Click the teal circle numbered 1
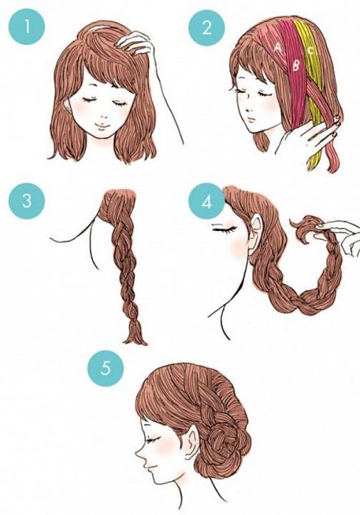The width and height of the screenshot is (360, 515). (x=27, y=27)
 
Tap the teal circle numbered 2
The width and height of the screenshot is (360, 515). (x=207, y=27)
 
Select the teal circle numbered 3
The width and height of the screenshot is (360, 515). (x=27, y=201)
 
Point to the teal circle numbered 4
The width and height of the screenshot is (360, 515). (x=207, y=201)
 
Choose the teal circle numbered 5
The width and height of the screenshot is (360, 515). (x=105, y=368)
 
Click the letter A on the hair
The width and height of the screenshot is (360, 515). (x=278, y=48)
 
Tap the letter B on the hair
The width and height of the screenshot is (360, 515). (x=296, y=66)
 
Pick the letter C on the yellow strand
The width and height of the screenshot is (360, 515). (x=311, y=50)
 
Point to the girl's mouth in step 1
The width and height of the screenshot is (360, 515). (x=103, y=125)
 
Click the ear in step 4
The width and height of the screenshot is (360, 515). (x=256, y=235)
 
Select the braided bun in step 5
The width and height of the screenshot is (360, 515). (x=228, y=438)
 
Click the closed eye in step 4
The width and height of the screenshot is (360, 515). (x=224, y=227)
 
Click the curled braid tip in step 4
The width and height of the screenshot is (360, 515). (x=306, y=228)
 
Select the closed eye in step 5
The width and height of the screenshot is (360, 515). (x=153, y=440)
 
